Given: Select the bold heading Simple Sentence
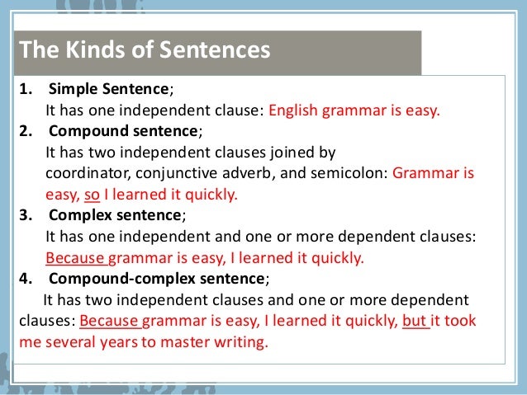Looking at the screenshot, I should point(109,89).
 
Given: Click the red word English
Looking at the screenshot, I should point(293,111).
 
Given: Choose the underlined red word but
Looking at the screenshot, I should point(415,320).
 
